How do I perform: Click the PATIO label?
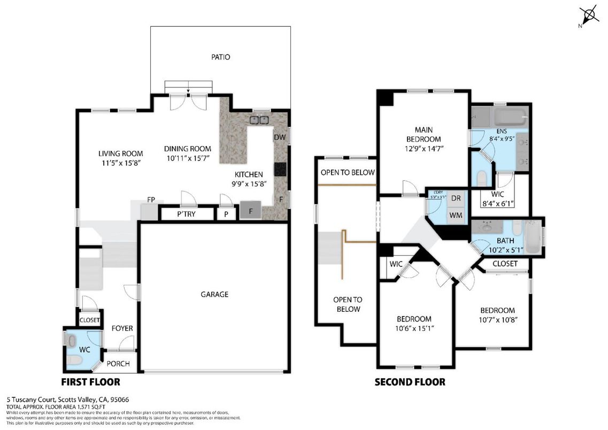220,57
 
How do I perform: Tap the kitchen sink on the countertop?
260,120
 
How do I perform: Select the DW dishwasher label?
279,137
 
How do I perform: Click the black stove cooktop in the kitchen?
280,169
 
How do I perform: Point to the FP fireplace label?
151,200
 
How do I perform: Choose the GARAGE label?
214,294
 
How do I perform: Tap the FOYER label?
122,328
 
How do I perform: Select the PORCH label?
118,364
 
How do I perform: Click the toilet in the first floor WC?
74,360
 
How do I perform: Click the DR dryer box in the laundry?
456,198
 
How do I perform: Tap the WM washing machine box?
456,215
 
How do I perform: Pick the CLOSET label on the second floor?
505,264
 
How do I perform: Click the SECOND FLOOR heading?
410,382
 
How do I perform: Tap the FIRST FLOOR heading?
90,382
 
